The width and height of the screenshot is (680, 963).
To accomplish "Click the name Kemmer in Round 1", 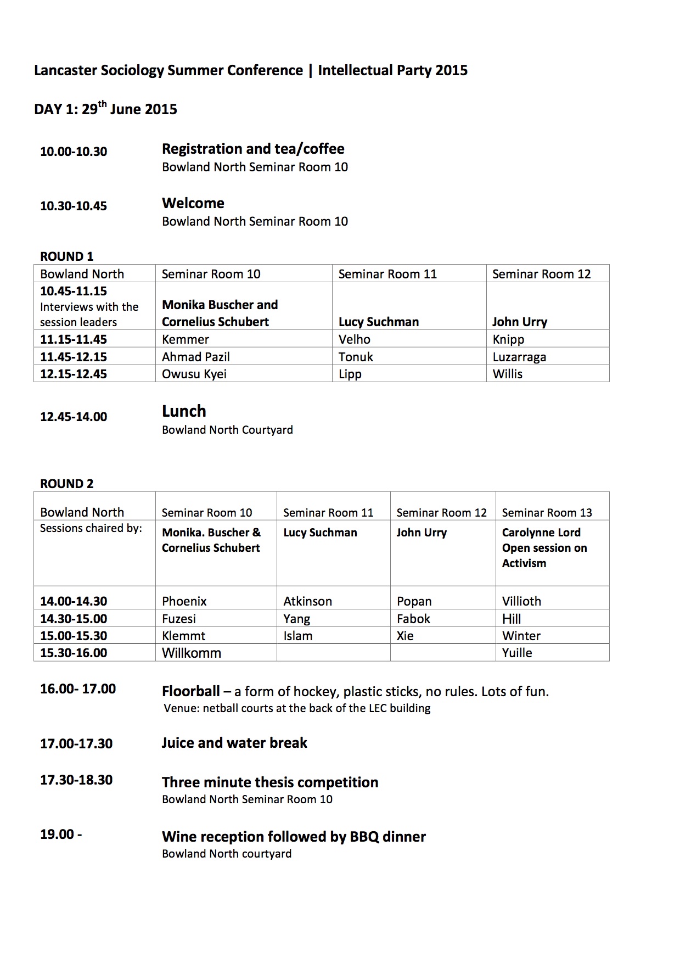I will pos(186,339).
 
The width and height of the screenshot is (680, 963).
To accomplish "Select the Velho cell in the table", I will pos(355,339).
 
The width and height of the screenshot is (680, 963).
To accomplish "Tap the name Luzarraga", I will pos(519,357).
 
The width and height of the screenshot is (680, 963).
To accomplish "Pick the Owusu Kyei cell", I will pos(194,374).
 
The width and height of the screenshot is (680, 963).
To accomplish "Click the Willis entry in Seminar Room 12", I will pos(508,374).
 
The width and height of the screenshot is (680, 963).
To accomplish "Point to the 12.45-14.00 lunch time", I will pos(74,417).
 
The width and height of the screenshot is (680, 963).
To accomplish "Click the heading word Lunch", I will pos(184,411).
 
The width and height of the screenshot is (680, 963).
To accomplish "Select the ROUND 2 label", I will pos(67,484).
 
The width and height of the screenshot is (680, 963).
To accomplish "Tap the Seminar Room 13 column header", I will pos(547,513).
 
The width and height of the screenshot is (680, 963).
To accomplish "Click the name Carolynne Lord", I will pos(541,533).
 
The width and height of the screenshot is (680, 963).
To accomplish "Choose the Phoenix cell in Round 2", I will pos(184,601).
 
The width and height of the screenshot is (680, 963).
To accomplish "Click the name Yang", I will pos(297,619).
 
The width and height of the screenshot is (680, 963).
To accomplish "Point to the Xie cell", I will pos(405,636).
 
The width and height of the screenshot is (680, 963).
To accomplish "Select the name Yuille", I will pos(517,653).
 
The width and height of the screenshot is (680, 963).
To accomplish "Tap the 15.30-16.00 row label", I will pos(74,653).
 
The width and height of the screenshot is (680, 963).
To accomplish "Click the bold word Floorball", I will pos(191,691).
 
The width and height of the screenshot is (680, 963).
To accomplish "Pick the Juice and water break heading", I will pos(234,743).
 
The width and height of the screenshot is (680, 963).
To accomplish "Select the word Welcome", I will pos(193,203).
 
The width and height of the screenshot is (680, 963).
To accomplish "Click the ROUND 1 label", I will pos(67,256).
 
